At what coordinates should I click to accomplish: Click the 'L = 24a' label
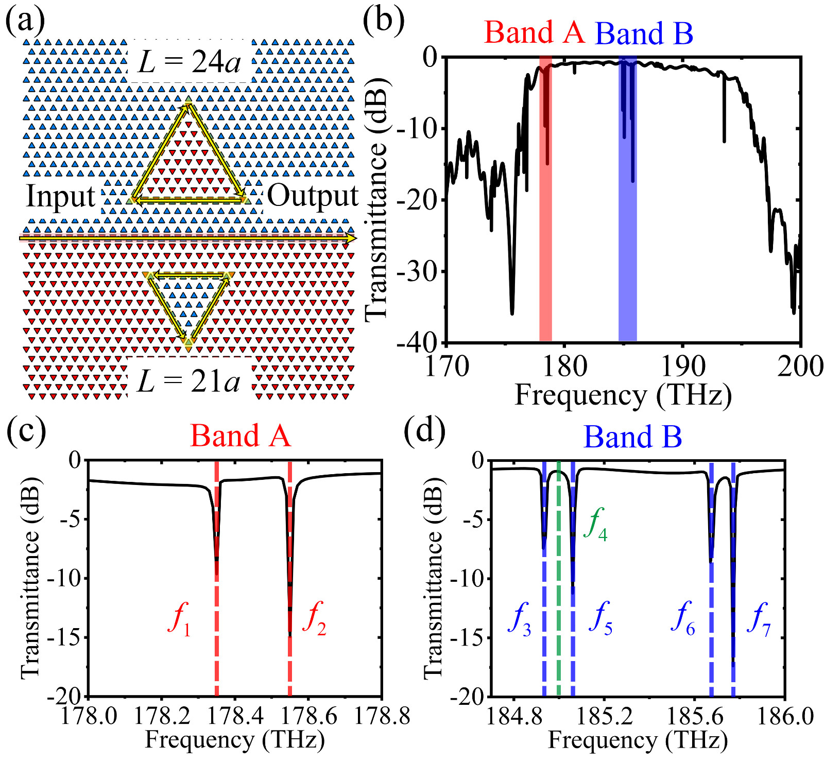(189, 62)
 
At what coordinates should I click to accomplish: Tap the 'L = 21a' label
(189, 381)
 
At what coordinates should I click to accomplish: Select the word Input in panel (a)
(61, 196)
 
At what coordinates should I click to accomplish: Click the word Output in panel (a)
(313, 196)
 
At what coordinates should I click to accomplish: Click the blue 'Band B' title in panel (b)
(644, 33)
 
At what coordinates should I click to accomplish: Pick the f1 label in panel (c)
(179, 618)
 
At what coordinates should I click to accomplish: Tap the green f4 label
(595, 524)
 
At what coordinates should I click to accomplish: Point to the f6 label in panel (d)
(683, 618)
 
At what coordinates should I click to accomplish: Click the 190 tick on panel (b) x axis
(682, 367)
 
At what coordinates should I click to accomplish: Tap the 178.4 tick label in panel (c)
(235, 716)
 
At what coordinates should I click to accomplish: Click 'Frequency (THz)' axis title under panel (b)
(623, 395)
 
